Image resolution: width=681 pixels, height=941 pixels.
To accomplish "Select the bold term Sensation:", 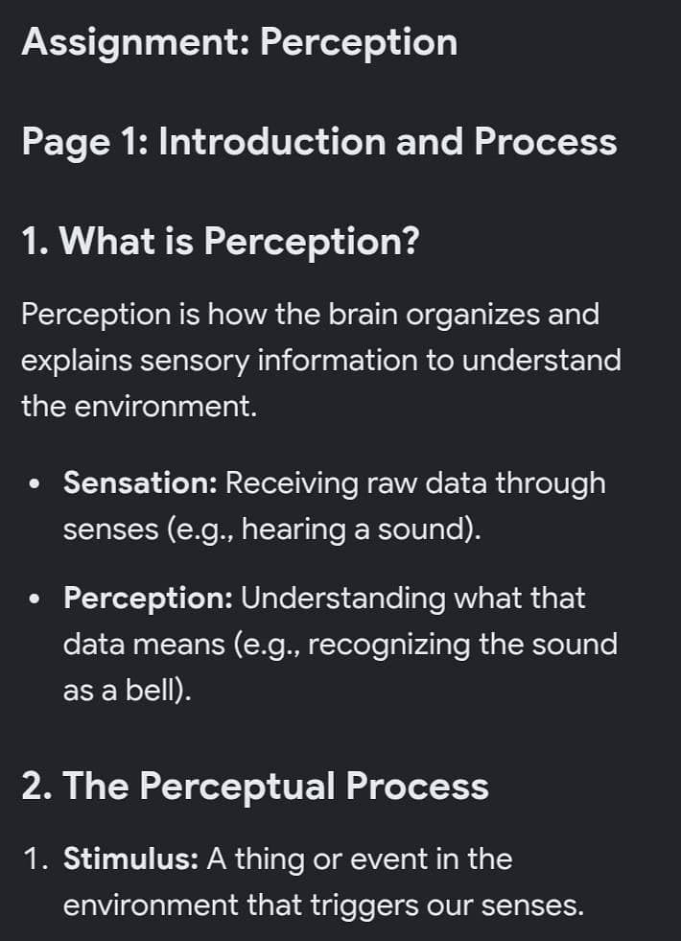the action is (x=140, y=483).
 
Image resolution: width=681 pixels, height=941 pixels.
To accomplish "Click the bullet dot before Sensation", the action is (x=36, y=483).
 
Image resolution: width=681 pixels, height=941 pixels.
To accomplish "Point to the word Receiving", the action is (x=293, y=483).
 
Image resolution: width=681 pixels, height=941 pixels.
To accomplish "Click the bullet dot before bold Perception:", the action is (x=36, y=599).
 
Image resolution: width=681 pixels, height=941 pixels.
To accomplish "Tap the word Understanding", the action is (x=343, y=599).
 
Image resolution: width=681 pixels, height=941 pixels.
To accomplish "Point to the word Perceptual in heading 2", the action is (x=237, y=787).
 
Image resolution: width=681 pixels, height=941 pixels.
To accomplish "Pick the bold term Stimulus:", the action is (x=130, y=859).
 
